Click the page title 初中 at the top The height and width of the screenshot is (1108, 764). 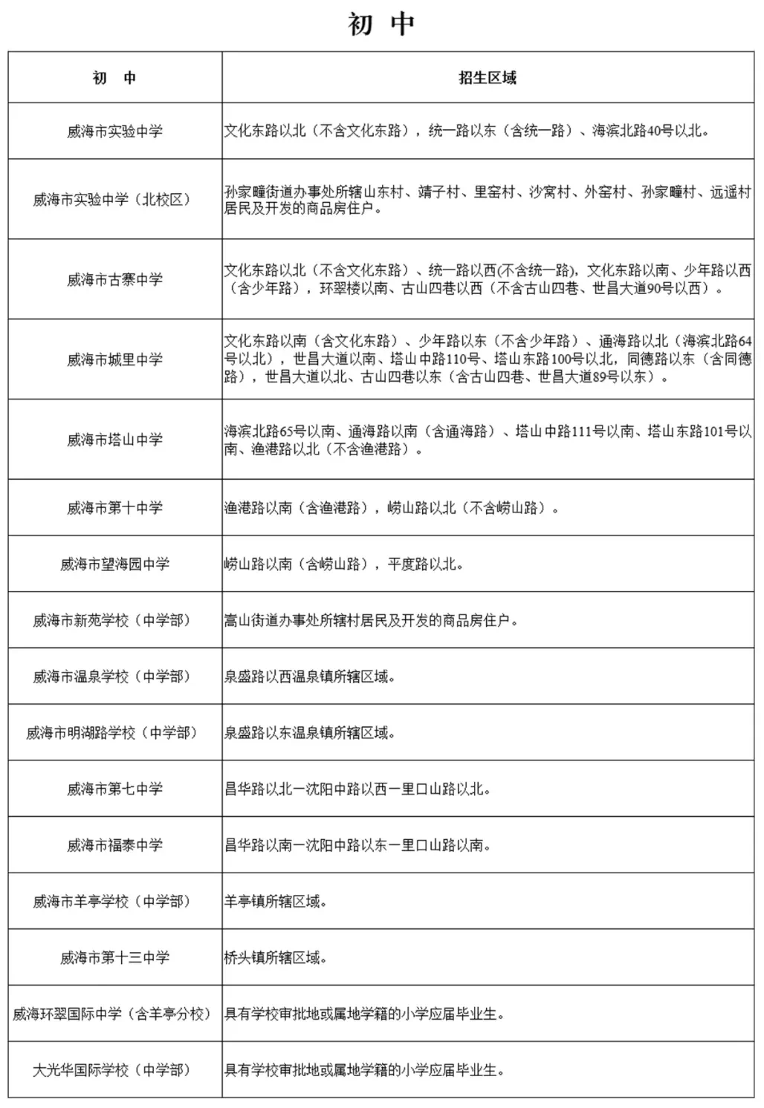[381, 25]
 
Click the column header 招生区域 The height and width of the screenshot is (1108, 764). [487, 78]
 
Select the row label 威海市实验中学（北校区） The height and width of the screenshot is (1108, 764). [114, 200]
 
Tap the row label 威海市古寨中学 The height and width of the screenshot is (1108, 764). [114, 280]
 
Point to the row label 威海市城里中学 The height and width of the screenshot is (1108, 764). [114, 360]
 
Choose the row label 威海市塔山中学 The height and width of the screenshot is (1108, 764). [114, 440]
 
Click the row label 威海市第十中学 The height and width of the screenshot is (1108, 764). [114, 508]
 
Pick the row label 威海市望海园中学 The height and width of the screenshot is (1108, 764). [114, 564]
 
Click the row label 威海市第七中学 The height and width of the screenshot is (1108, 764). [114, 789]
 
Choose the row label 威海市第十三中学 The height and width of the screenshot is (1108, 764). [114, 958]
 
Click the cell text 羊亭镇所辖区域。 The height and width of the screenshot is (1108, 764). [276, 902]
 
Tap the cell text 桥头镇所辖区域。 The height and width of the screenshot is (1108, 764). [276, 958]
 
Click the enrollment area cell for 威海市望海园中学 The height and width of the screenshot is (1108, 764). [344, 564]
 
